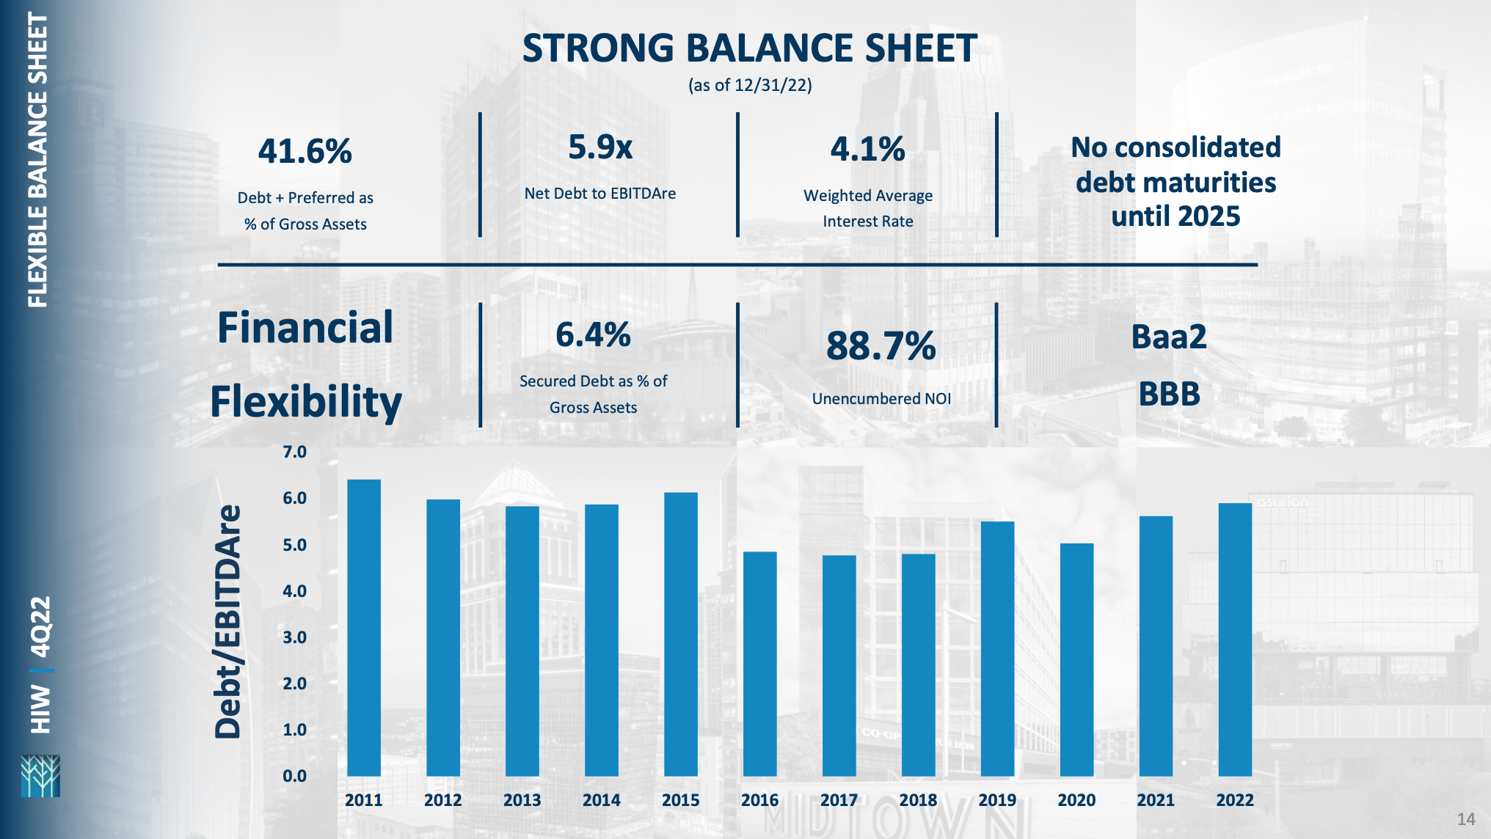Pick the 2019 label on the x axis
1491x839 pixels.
coord(997,800)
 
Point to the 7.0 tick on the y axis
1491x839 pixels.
coord(294,452)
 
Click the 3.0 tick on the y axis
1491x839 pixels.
coord(294,637)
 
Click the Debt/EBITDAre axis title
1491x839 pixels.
coord(227,621)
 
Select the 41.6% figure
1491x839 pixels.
coord(305,152)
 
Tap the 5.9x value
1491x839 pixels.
coord(599,147)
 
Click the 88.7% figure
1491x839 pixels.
coord(881,346)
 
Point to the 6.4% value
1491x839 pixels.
coord(593,335)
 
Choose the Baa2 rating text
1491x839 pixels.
coord(1168,337)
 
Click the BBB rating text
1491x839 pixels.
coord(1169,395)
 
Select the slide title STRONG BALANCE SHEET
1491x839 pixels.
coord(749,48)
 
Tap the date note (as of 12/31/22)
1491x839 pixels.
coord(749,85)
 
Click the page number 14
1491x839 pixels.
coord(1465,819)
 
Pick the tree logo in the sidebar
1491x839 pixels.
coord(40,776)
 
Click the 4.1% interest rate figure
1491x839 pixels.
coord(867,150)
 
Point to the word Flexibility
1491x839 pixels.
coord(306,402)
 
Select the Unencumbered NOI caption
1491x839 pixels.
coord(881,399)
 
